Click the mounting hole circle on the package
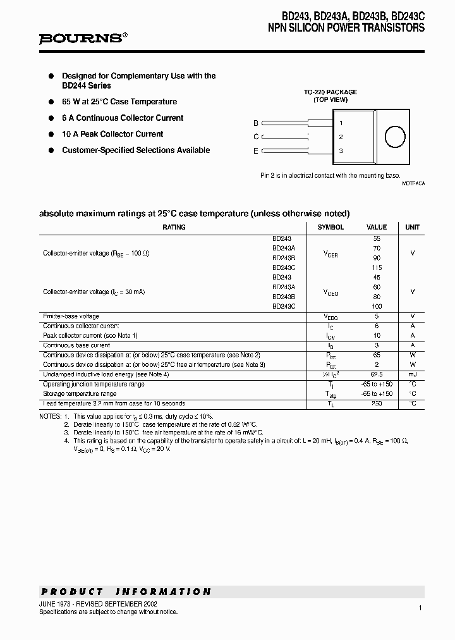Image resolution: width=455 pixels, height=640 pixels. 394,137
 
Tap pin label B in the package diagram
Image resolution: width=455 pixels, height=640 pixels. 256,123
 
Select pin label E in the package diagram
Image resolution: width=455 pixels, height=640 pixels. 256,151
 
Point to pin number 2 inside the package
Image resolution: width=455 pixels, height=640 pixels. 341,137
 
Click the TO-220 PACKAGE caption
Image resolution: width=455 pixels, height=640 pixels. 331,92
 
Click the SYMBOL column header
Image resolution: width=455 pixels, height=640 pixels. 331,227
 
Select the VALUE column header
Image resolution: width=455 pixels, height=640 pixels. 377,227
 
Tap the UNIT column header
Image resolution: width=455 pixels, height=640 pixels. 412,227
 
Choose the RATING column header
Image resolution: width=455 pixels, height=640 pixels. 174,227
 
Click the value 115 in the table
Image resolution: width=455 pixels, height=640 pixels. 377,268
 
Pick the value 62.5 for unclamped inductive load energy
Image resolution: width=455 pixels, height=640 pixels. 377,374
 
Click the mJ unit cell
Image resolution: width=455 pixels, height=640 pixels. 412,374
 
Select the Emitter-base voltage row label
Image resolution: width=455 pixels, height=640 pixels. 71,316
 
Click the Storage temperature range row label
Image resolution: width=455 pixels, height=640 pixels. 80,394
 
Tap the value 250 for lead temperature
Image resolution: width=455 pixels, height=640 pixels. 377,403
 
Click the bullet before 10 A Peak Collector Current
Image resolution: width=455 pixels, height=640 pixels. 51,134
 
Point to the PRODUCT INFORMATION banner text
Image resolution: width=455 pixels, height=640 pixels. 126,592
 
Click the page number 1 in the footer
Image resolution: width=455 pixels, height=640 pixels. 420,608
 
